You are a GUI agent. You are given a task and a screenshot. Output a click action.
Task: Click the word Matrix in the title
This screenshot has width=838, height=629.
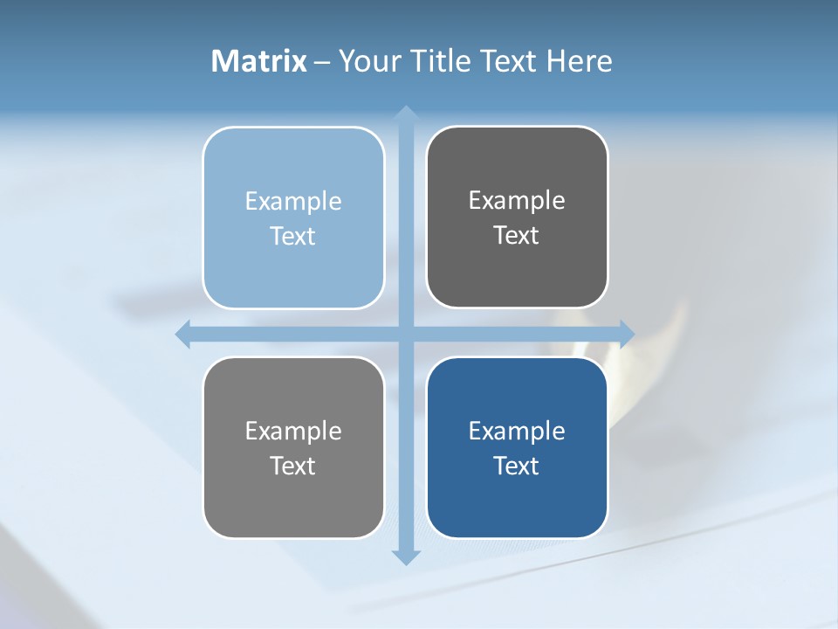(259, 61)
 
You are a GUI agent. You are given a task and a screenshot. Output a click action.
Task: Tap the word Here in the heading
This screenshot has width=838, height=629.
(579, 61)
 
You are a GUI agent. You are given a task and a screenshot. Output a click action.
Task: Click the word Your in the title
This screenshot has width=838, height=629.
(366, 61)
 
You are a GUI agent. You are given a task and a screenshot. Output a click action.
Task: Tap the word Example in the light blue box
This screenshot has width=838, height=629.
(293, 201)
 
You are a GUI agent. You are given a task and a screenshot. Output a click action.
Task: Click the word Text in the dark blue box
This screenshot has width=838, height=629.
(517, 466)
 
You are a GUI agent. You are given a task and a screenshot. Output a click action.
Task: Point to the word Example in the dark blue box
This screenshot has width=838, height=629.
(517, 431)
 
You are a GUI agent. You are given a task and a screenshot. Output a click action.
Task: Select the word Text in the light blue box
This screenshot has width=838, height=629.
(293, 236)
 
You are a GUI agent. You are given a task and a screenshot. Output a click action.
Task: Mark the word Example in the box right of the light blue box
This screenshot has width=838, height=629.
(517, 200)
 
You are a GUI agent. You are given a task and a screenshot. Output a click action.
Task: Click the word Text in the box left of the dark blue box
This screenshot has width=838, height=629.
(293, 466)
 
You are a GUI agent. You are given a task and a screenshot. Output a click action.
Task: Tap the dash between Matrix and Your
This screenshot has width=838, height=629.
(322, 62)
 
